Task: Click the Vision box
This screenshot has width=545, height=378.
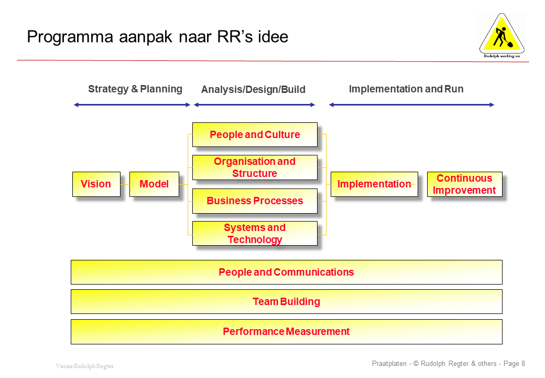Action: pyautogui.click(x=96, y=184)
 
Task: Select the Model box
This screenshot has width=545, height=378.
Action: pyautogui.click(x=154, y=184)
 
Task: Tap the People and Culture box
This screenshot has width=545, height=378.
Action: pyautogui.click(x=255, y=135)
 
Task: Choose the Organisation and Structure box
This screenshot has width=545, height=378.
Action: pyautogui.click(x=255, y=167)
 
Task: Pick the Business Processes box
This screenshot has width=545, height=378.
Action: pyautogui.click(x=255, y=201)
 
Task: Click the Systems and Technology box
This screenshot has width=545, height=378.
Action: pyautogui.click(x=255, y=234)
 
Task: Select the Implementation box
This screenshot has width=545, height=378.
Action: pyautogui.click(x=374, y=184)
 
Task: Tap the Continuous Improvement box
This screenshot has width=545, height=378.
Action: pyautogui.click(x=464, y=184)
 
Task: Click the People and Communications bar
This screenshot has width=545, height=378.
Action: pyautogui.click(x=286, y=272)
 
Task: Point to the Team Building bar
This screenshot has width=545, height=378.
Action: pyautogui.click(x=286, y=302)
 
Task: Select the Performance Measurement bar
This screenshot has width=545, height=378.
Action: pyautogui.click(x=286, y=332)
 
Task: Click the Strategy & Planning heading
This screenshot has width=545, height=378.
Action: pyautogui.click(x=135, y=89)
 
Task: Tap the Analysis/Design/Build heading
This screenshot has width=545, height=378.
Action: pyautogui.click(x=253, y=90)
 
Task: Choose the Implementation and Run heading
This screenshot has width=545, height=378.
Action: pyautogui.click(x=406, y=89)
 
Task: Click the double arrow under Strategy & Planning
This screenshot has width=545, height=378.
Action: pyautogui.click(x=132, y=105)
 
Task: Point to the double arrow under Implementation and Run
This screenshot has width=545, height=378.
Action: pyautogui.click(x=411, y=105)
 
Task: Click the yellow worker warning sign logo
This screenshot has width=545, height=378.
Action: pyautogui.click(x=502, y=34)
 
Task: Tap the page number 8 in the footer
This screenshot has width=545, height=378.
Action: pyautogui.click(x=523, y=363)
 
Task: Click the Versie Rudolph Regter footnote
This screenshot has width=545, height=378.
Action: pyautogui.click(x=84, y=366)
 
